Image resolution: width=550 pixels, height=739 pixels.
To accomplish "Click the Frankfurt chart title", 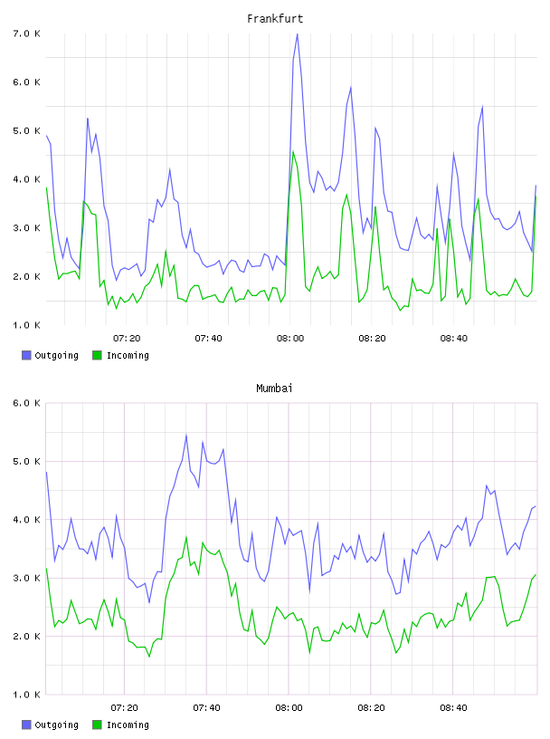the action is pos(275,19).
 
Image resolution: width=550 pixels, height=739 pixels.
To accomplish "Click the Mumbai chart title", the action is pos(274,389).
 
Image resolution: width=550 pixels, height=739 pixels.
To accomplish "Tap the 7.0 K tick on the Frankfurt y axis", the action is pos(27,34).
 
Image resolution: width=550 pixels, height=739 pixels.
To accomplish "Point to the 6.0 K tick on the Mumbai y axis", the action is pos(27,403).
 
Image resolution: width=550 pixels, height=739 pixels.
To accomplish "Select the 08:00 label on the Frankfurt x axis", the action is pos(290,339).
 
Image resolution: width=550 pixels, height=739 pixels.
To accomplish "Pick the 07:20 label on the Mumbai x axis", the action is pos(124,708).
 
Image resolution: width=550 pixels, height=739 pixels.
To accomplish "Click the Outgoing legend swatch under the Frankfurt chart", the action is pos(26,355).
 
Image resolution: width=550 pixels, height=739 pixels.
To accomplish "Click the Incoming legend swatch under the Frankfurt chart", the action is pos(97,355).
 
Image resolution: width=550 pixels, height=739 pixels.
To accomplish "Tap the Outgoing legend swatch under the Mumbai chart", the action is pos(26,725).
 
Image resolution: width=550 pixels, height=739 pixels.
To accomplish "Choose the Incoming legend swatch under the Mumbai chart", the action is pos(97,725).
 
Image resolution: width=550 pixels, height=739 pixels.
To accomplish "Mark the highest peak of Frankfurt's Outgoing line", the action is pos(297,34).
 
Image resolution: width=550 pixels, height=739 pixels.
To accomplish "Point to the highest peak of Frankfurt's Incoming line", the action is pos(293,151).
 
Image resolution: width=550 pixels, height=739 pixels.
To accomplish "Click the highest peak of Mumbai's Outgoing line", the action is pos(186,435).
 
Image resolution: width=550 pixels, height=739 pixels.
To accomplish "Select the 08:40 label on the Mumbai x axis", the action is pos(453,708).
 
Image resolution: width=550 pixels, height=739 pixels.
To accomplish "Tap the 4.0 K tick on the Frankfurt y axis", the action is pos(27,179).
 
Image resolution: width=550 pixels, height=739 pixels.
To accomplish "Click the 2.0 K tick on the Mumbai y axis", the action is pos(27,637).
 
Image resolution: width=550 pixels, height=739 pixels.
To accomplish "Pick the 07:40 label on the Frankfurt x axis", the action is pos(208,339).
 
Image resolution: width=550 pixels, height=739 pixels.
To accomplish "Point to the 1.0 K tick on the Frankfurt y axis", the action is pos(27,325).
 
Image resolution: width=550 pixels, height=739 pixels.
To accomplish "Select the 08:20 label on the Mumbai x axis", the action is pos(371,708).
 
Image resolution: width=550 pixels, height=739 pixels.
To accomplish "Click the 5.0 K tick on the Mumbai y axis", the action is pos(27,461).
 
